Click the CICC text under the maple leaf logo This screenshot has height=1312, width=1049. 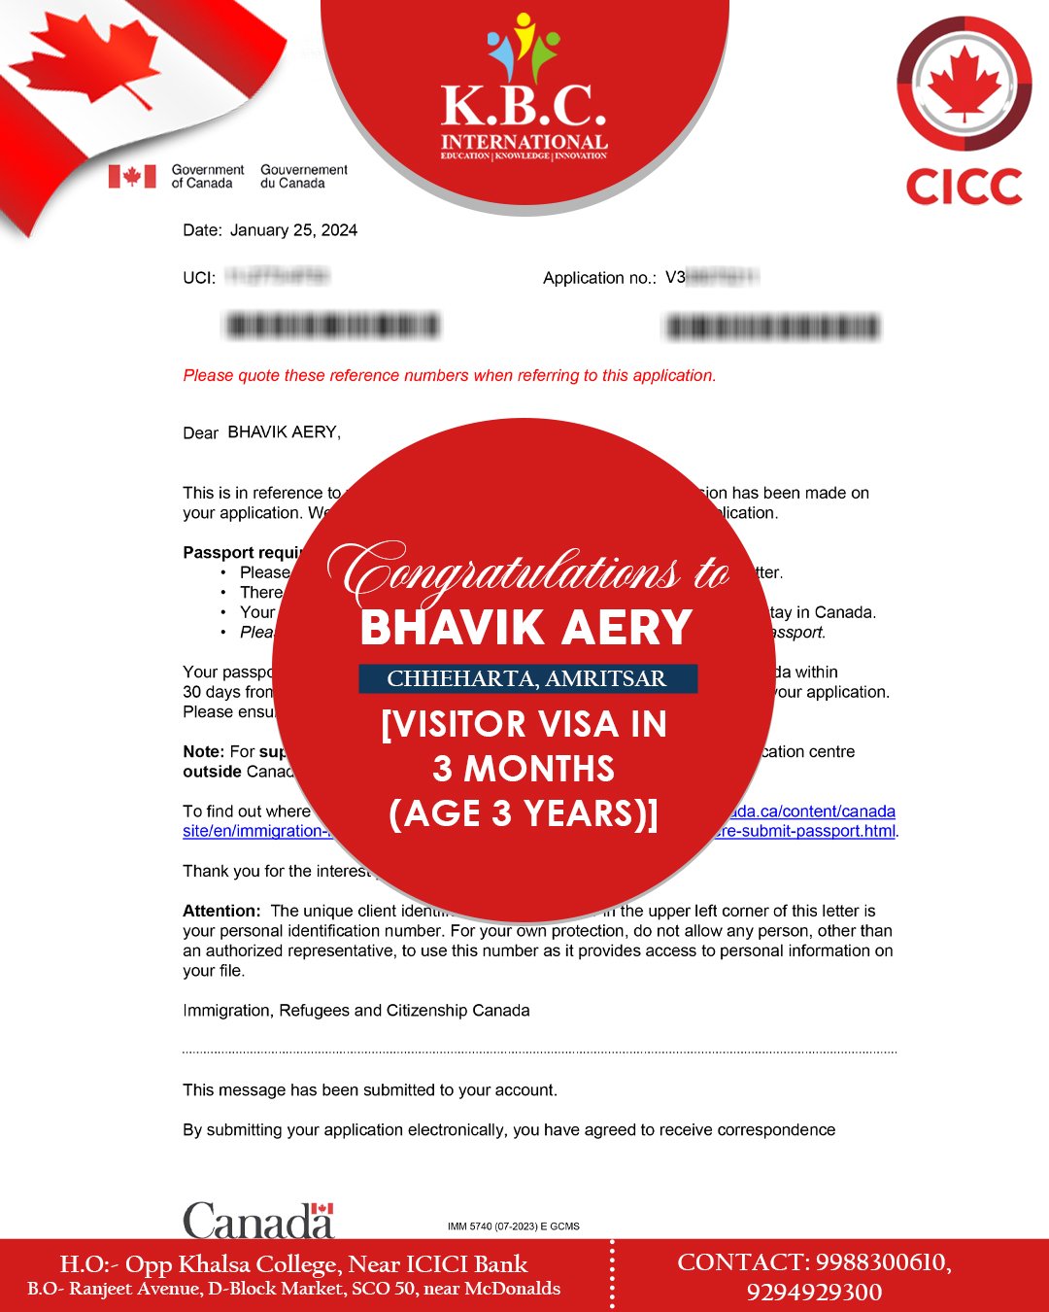click(964, 187)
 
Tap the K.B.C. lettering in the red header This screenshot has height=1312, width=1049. click(524, 107)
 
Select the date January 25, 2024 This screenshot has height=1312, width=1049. click(293, 230)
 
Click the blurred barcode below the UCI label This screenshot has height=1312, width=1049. click(332, 326)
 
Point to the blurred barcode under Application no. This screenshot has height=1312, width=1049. click(772, 328)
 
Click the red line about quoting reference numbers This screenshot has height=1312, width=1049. click(449, 376)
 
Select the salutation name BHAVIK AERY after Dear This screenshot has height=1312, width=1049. click(283, 432)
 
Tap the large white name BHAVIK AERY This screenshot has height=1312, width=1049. click(525, 628)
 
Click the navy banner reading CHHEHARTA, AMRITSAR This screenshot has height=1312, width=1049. click(527, 678)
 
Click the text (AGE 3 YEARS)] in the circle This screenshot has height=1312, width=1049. click(524, 813)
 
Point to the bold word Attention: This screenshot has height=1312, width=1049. click(221, 912)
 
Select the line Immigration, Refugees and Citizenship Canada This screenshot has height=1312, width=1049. click(355, 1011)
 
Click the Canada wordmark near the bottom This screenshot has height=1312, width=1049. click(258, 1221)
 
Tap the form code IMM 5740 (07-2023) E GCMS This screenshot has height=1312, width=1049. click(513, 1226)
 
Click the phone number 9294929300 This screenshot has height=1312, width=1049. click(814, 1293)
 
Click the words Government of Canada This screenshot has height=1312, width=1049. click(207, 176)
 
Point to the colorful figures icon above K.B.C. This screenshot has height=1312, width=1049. click(524, 46)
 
